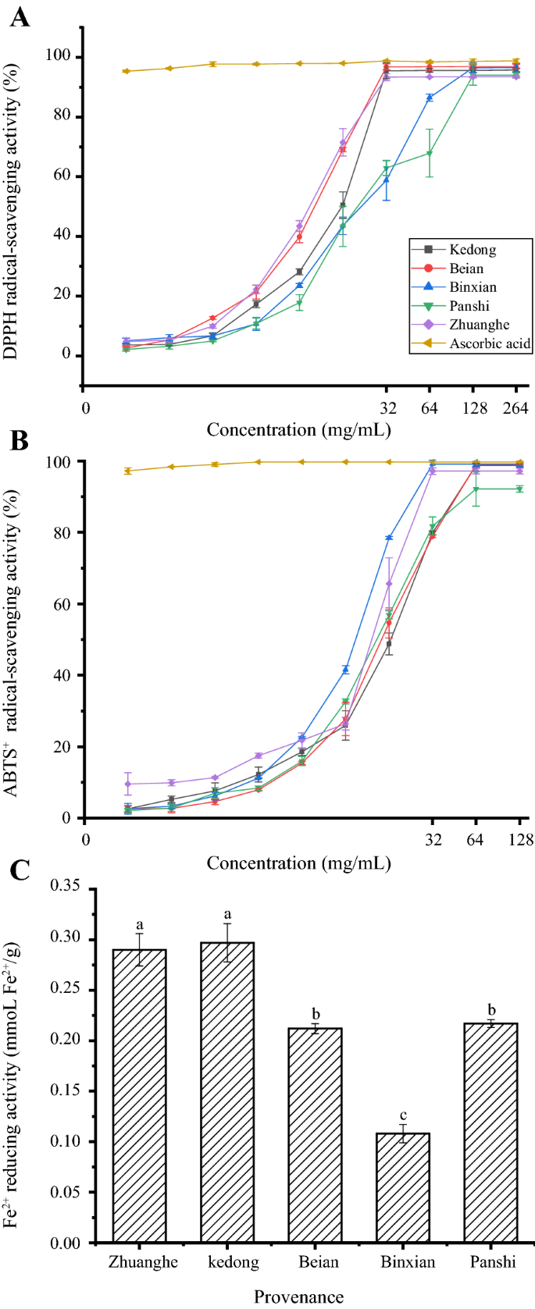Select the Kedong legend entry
[472, 250]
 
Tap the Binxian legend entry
[473, 287]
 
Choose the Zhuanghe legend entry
[479, 325]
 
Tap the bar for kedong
[227, 1091]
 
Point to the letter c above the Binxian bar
[403, 1115]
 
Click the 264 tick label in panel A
[515, 408]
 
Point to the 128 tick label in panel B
[520, 840]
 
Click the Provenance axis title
[298, 1297]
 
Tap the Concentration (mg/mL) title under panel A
[298, 430]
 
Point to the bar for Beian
[315, 1135]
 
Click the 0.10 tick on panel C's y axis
[67, 1141]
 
